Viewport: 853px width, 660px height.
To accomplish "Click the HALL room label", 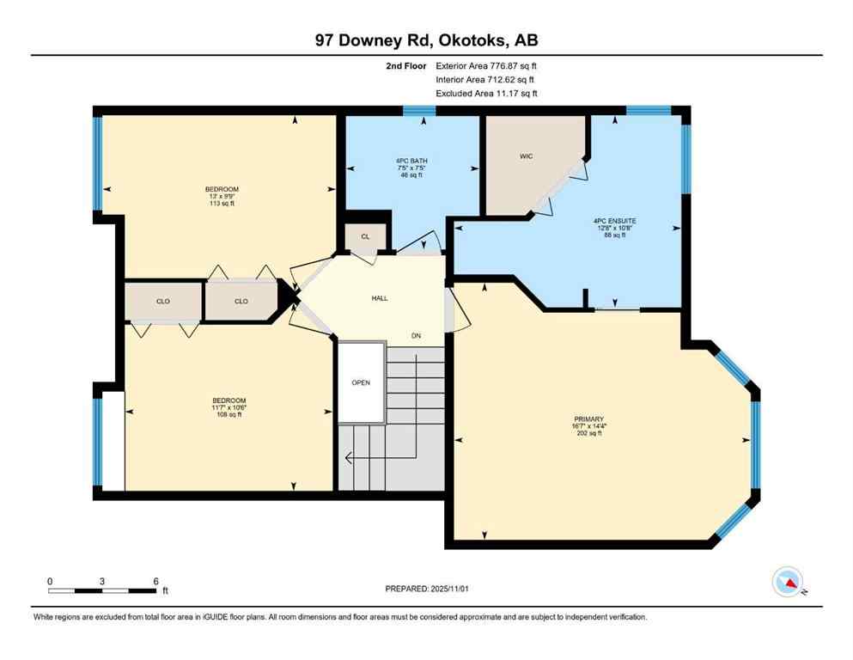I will (x=379, y=298).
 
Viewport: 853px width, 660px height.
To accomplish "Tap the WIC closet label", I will (x=527, y=157).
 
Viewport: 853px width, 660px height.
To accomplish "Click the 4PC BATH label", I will (x=411, y=161).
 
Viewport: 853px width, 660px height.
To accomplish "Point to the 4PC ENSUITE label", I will (x=614, y=220).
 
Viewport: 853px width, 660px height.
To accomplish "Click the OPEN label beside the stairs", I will (x=361, y=382).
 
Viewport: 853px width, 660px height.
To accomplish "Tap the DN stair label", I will (x=417, y=336).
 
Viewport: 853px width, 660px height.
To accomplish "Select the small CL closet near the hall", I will (x=365, y=236).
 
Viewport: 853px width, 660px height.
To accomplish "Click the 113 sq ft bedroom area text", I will (x=222, y=204).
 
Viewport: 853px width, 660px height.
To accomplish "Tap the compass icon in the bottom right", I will (x=788, y=583).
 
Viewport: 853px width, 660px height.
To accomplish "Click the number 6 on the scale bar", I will (x=155, y=581).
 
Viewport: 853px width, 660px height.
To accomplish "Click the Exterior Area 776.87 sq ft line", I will (x=488, y=65).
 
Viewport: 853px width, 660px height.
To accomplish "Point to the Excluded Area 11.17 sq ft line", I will (x=488, y=93).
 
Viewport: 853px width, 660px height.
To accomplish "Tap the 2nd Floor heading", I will (x=408, y=65).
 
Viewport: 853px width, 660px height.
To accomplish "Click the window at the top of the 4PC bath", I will (x=420, y=110).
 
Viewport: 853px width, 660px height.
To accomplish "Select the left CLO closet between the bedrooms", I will (x=162, y=301).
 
